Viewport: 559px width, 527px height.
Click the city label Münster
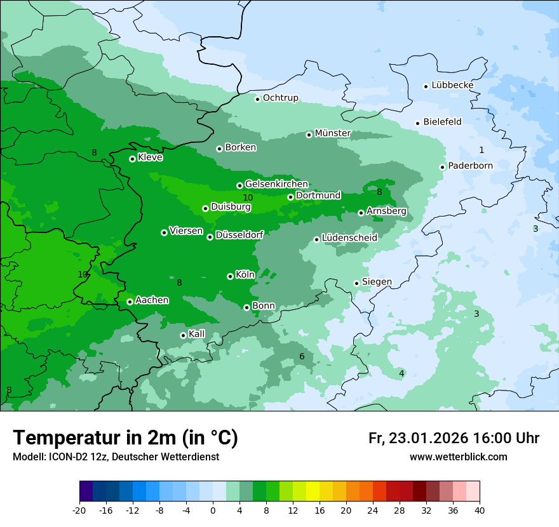[x=333, y=133]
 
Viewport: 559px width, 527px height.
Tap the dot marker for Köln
[x=230, y=276]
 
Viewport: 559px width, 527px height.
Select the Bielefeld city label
[x=442, y=122]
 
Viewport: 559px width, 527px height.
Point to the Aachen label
[x=152, y=300]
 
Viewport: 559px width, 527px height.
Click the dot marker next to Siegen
[x=356, y=283]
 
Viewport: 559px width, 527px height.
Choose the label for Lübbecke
[x=452, y=85]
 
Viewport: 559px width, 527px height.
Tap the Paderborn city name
[x=470, y=166]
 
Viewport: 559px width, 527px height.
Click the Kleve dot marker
[x=132, y=159]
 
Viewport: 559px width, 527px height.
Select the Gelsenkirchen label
[x=276, y=184]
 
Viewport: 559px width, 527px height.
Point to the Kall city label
[x=197, y=334]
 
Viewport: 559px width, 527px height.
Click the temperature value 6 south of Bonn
[x=302, y=357]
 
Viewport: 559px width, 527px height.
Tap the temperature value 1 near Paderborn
[x=482, y=150]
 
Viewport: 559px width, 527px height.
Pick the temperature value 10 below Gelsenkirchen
[x=248, y=198]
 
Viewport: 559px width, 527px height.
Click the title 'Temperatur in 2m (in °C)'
[x=125, y=437]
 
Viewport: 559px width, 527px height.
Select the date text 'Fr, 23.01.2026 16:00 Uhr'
[x=454, y=438]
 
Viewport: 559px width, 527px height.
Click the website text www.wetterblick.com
[x=458, y=457]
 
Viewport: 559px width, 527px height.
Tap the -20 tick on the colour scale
[x=79, y=510]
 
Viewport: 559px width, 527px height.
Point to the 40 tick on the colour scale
[x=480, y=510]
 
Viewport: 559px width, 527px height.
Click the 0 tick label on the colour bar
[x=213, y=510]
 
